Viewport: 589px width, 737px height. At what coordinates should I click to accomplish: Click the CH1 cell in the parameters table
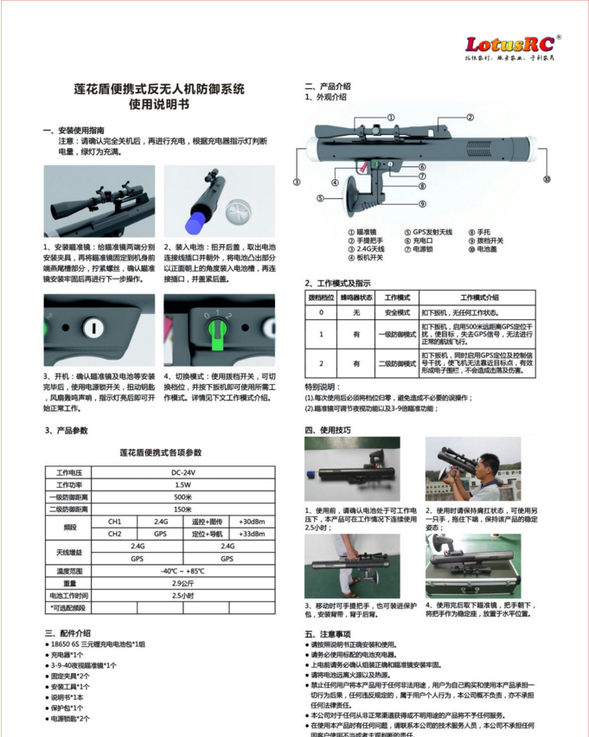point(115,522)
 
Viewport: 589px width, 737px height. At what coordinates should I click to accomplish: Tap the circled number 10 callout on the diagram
point(546,180)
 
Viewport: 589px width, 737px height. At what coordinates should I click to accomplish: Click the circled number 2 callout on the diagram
point(470,117)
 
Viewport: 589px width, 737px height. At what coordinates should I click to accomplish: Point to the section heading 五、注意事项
point(331,633)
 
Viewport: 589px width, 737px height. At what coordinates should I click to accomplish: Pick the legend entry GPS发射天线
point(432,232)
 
